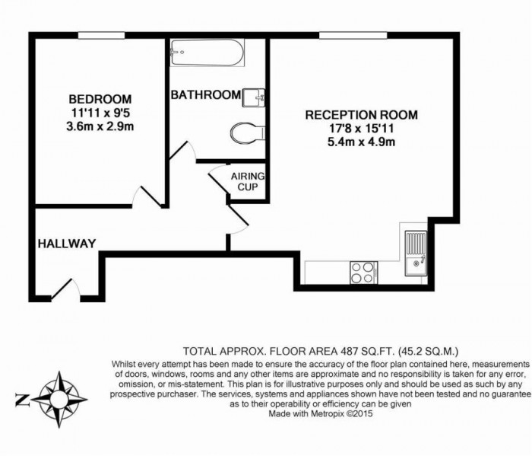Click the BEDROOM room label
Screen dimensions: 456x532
click(x=100, y=99)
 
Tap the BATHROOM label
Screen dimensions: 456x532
click(x=205, y=95)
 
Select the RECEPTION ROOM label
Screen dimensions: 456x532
click(x=361, y=115)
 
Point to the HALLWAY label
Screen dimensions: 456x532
click(x=67, y=244)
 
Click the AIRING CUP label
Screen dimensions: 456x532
click(x=247, y=180)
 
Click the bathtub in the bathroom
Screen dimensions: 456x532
click(x=207, y=53)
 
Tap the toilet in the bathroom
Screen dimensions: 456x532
click(x=245, y=132)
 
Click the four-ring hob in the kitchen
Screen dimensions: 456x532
click(x=363, y=272)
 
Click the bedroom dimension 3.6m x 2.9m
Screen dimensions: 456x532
click(x=100, y=126)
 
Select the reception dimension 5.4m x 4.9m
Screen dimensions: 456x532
click(x=361, y=142)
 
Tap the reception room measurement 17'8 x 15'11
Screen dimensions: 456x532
click(x=361, y=128)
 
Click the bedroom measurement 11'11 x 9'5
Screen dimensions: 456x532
click(x=100, y=113)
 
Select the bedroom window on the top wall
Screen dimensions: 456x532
click(x=101, y=35)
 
